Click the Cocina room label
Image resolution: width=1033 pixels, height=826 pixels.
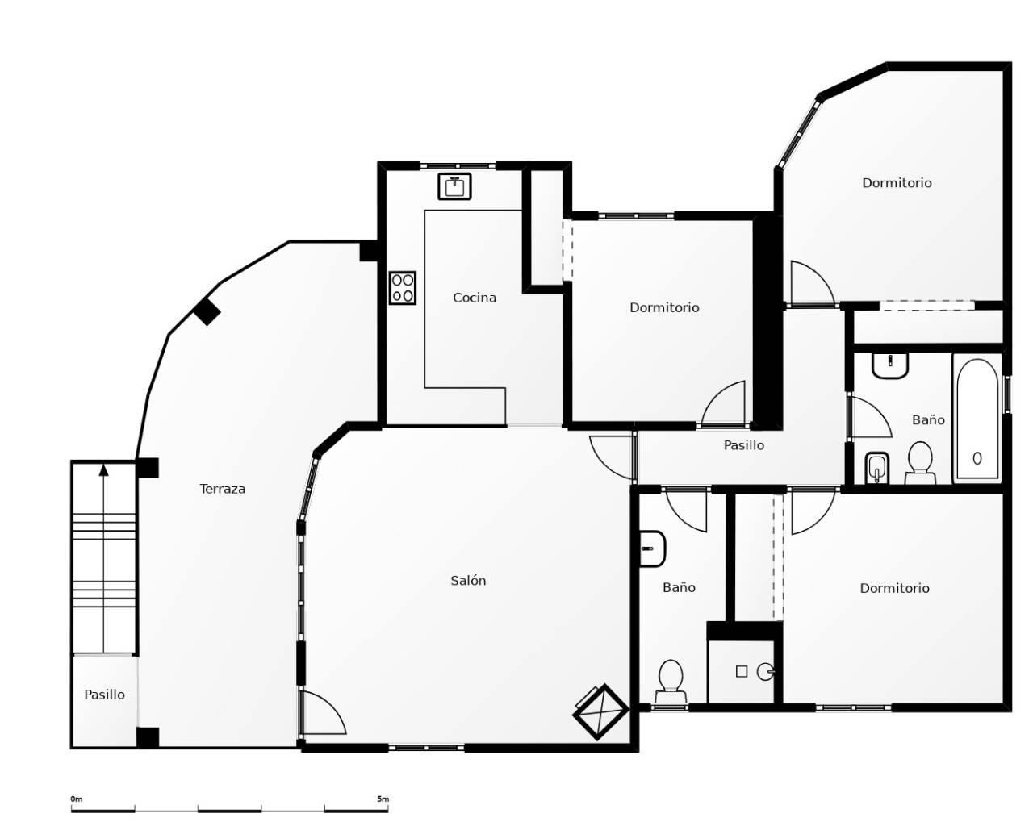click(475, 298)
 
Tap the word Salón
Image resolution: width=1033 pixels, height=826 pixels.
click(468, 581)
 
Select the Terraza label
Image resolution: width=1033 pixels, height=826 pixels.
click(223, 489)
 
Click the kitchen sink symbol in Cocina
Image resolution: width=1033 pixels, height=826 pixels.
click(454, 186)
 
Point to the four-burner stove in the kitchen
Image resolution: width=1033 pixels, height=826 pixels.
click(403, 288)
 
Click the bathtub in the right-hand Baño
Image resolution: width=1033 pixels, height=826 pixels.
click(977, 419)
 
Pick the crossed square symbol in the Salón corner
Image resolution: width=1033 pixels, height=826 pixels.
click(600, 712)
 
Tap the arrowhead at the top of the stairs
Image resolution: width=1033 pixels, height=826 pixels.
click(103, 469)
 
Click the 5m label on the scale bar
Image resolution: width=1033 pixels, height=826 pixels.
click(383, 799)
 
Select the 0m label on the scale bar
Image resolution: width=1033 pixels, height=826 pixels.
click(76, 799)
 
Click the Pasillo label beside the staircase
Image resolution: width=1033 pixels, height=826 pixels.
click(105, 695)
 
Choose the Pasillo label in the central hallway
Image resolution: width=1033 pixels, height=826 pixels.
click(743, 445)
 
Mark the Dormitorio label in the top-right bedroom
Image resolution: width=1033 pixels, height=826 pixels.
click(897, 183)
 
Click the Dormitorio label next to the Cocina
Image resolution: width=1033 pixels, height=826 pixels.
click(664, 307)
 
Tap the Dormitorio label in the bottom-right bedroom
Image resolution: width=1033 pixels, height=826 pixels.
click(894, 589)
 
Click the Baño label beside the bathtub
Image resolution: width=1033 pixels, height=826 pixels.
click(928, 420)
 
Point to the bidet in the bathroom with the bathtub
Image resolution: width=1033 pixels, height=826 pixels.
click(877, 469)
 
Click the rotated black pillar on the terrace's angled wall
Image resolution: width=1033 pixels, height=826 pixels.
click(207, 311)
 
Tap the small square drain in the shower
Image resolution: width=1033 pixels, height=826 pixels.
click(742, 671)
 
